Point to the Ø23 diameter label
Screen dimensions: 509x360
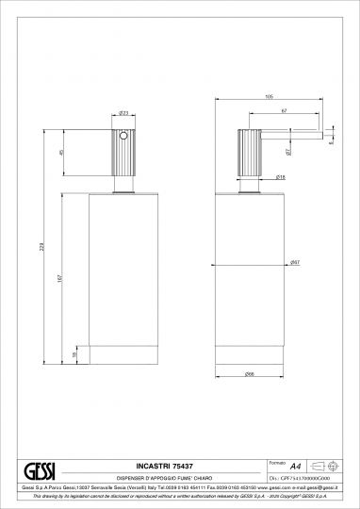(x=123, y=113)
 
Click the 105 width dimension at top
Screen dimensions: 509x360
(x=269, y=96)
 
